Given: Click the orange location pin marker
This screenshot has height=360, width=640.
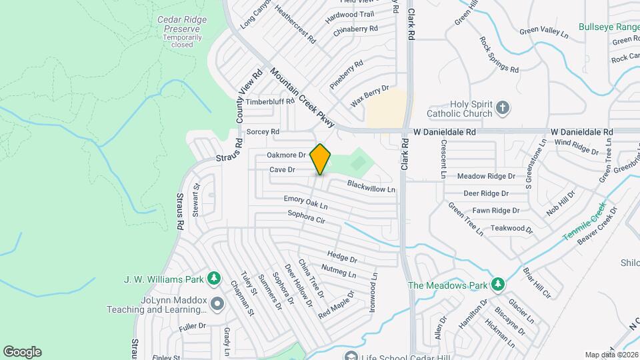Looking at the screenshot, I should pos(321,159).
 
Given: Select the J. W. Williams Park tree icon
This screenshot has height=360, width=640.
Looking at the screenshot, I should pos(214,277).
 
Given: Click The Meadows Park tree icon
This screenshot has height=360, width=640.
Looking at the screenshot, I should pos(497,285).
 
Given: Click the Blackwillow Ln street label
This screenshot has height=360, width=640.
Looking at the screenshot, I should pos(371,186).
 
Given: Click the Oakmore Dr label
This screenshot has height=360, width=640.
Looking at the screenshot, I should pos(286,155).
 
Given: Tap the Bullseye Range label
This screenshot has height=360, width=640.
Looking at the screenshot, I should pos(608,27).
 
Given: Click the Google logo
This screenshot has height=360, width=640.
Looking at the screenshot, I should pos(22,351).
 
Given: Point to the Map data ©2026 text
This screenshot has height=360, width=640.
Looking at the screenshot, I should pos(611,355).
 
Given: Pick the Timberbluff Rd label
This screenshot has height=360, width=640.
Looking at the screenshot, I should pos(270,102).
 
